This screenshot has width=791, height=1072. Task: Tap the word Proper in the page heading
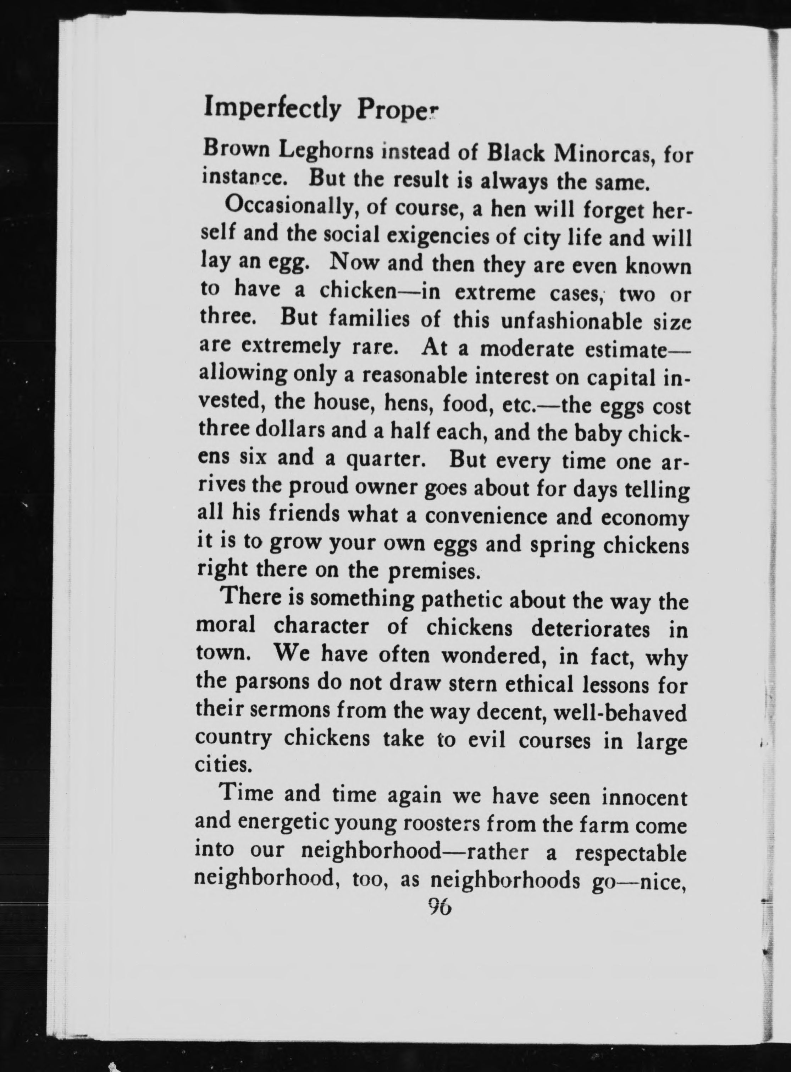click(x=397, y=111)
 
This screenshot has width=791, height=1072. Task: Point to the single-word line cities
click(x=223, y=765)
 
